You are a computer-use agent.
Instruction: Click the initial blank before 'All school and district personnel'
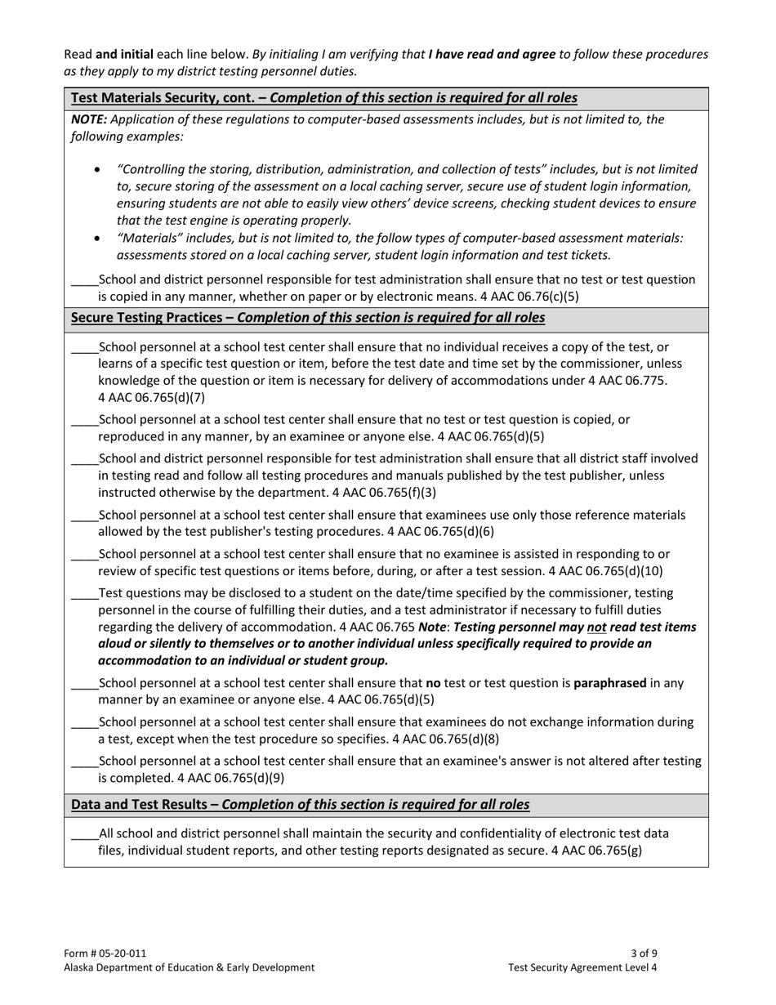click(84, 835)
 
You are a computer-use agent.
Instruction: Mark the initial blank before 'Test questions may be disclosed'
click(84, 594)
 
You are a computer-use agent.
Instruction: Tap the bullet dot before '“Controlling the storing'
click(98, 170)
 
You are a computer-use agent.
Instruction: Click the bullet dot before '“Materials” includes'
click(98, 239)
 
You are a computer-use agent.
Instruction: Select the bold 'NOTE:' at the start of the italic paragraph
click(89, 119)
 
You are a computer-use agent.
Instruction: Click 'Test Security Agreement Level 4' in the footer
click(582, 967)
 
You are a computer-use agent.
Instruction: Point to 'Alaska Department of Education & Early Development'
click(189, 967)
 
